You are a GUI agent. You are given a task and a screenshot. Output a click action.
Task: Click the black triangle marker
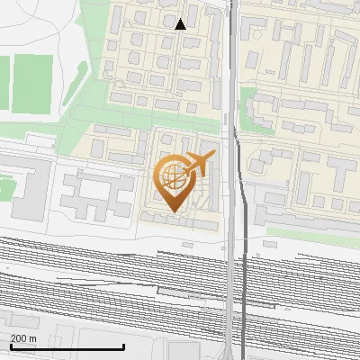(x=181, y=23)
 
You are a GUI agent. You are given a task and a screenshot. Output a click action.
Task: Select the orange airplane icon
(x=200, y=164)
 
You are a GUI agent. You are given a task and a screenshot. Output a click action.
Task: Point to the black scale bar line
(x=67, y=347)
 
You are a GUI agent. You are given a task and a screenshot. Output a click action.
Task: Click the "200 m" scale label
(x=24, y=338)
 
